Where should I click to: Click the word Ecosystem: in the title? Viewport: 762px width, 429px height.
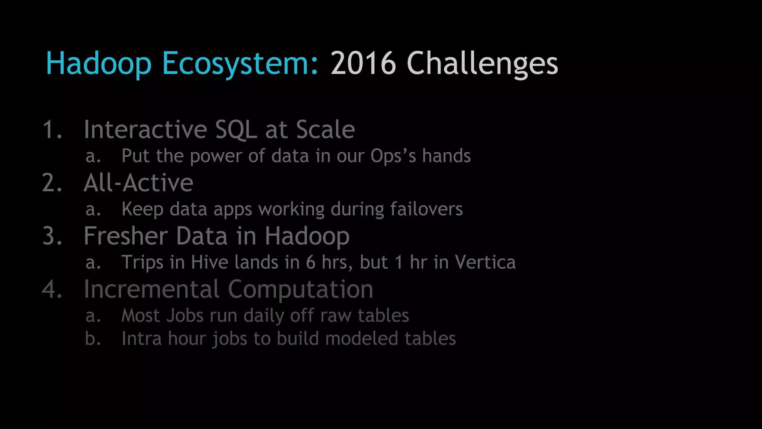pos(240,63)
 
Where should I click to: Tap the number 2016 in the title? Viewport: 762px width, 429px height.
pos(363,63)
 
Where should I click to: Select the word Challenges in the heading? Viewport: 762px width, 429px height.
pos(482,63)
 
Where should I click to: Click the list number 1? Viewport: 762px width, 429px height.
pos(52,130)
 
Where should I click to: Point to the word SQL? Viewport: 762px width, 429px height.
pos(236,130)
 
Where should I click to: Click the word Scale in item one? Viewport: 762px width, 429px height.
pos(325,130)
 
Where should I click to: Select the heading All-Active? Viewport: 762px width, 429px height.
pos(138,183)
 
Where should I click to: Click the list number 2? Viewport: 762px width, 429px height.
pos(52,183)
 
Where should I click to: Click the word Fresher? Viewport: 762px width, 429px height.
pos(126,236)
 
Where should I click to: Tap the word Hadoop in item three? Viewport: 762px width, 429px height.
pos(307,236)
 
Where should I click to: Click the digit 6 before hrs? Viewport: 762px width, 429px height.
pos(311,262)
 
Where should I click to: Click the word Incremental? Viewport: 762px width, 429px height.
pos(151,289)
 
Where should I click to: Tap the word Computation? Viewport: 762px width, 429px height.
pos(300,289)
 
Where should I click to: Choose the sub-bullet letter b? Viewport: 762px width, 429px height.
pos(93,339)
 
